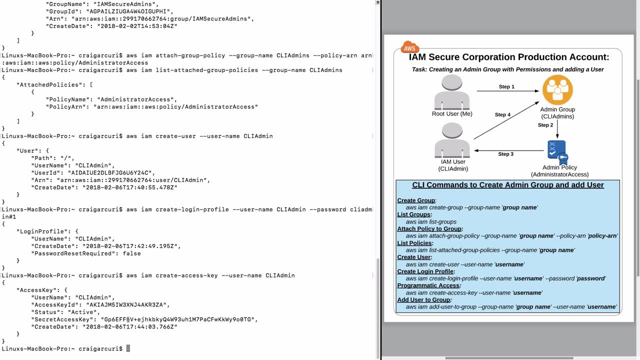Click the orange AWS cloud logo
click(409, 47)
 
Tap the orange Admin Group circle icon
click(557, 90)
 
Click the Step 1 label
click(506, 87)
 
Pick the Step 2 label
click(545, 125)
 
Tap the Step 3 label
click(505, 154)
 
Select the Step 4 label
click(502, 115)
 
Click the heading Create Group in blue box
click(416, 200)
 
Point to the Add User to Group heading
click(423, 299)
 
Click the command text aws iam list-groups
click(431, 221)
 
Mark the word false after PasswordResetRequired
click(131, 253)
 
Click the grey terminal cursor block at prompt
click(128, 348)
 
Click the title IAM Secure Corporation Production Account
click(509, 57)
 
